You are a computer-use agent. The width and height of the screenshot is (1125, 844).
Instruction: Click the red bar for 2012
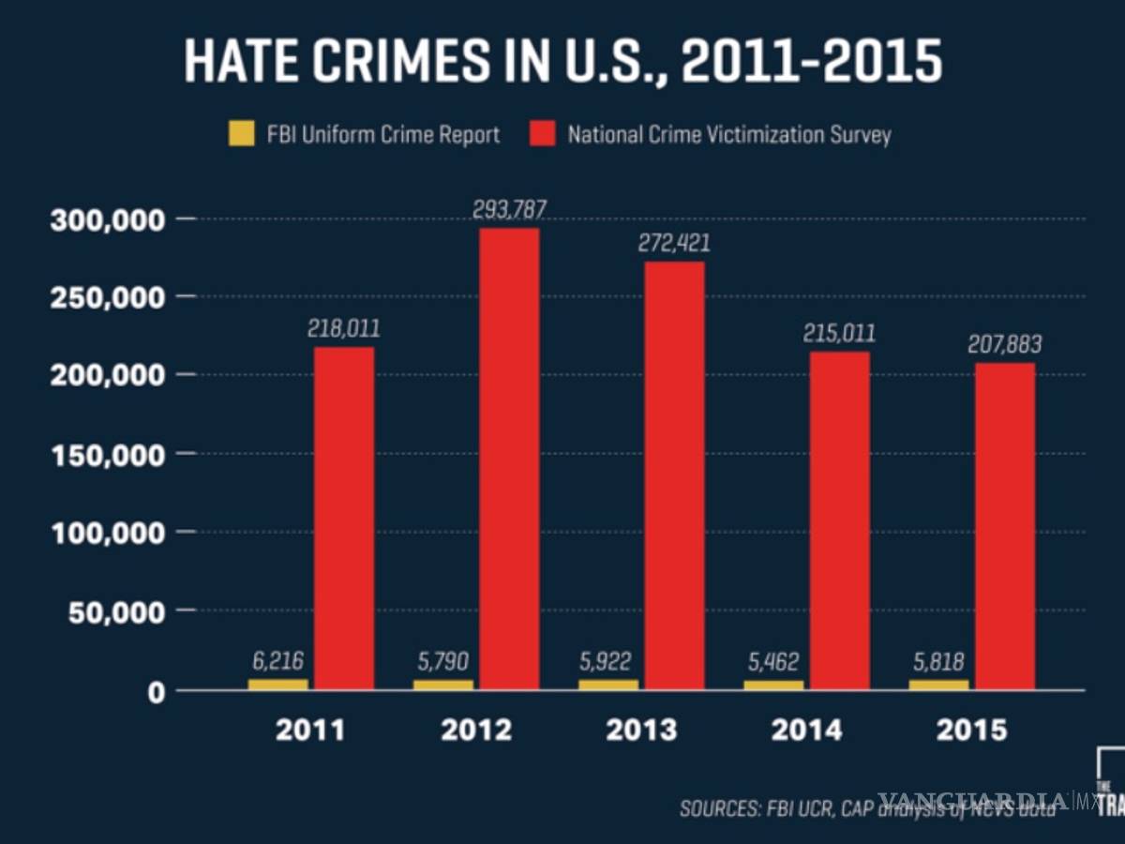pyautogui.click(x=509, y=460)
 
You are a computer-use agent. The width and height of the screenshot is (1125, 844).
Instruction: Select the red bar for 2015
pyautogui.click(x=1005, y=525)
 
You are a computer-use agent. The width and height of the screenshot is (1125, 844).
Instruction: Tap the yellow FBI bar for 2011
pyautogui.click(x=277, y=685)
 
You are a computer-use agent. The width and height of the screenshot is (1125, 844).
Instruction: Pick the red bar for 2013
pyautogui.click(x=674, y=474)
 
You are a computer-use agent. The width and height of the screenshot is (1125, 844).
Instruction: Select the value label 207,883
pyautogui.click(x=1004, y=345)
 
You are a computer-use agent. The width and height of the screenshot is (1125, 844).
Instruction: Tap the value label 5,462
pyautogui.click(x=773, y=663)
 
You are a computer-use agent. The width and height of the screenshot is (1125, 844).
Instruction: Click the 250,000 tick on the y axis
pyautogui.click(x=109, y=297)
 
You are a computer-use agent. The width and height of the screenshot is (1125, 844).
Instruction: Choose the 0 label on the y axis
pyautogui.click(x=156, y=691)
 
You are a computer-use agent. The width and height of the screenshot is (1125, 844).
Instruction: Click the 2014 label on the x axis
pyautogui.click(x=806, y=731)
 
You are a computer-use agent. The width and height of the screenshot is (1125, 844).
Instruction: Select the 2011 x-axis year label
pyautogui.click(x=310, y=731)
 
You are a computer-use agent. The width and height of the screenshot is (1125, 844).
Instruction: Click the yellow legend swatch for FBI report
pyautogui.click(x=242, y=134)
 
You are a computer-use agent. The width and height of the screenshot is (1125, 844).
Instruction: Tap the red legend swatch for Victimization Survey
pyautogui.click(x=546, y=134)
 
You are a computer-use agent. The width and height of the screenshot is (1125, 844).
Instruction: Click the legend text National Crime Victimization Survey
pyautogui.click(x=729, y=134)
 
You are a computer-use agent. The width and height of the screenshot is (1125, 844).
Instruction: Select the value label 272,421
pyautogui.click(x=674, y=244)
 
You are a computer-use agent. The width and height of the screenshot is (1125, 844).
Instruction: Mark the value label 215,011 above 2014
pyautogui.click(x=840, y=333)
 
